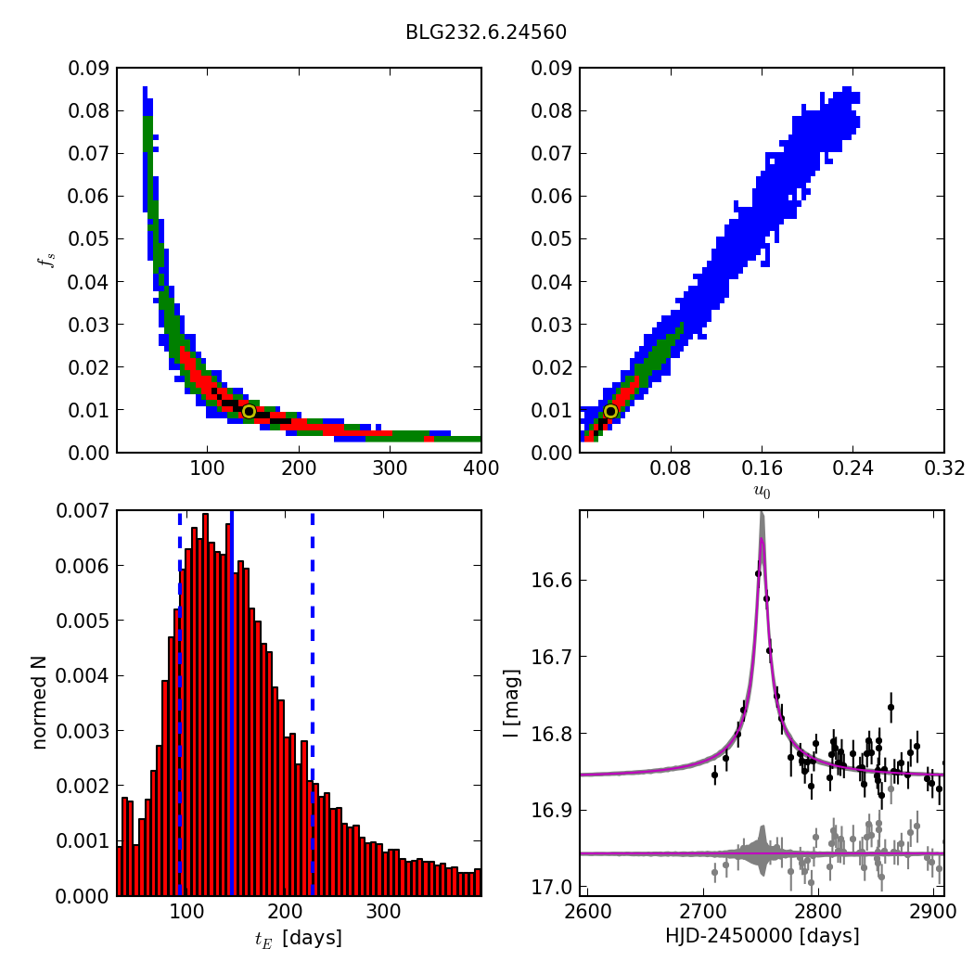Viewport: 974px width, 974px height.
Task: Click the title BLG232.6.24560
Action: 486,32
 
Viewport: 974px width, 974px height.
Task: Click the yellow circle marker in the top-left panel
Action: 249,411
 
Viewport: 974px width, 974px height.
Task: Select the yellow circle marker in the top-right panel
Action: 610,411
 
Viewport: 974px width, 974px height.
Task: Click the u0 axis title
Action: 762,492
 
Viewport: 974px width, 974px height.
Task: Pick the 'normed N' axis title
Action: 40,703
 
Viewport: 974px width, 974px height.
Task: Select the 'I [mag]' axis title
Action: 509,703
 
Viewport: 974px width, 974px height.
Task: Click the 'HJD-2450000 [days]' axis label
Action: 762,936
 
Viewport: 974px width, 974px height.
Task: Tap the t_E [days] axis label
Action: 299,938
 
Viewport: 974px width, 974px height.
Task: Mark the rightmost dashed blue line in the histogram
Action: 313,703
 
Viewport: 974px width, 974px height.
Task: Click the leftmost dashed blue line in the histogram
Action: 180,703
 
